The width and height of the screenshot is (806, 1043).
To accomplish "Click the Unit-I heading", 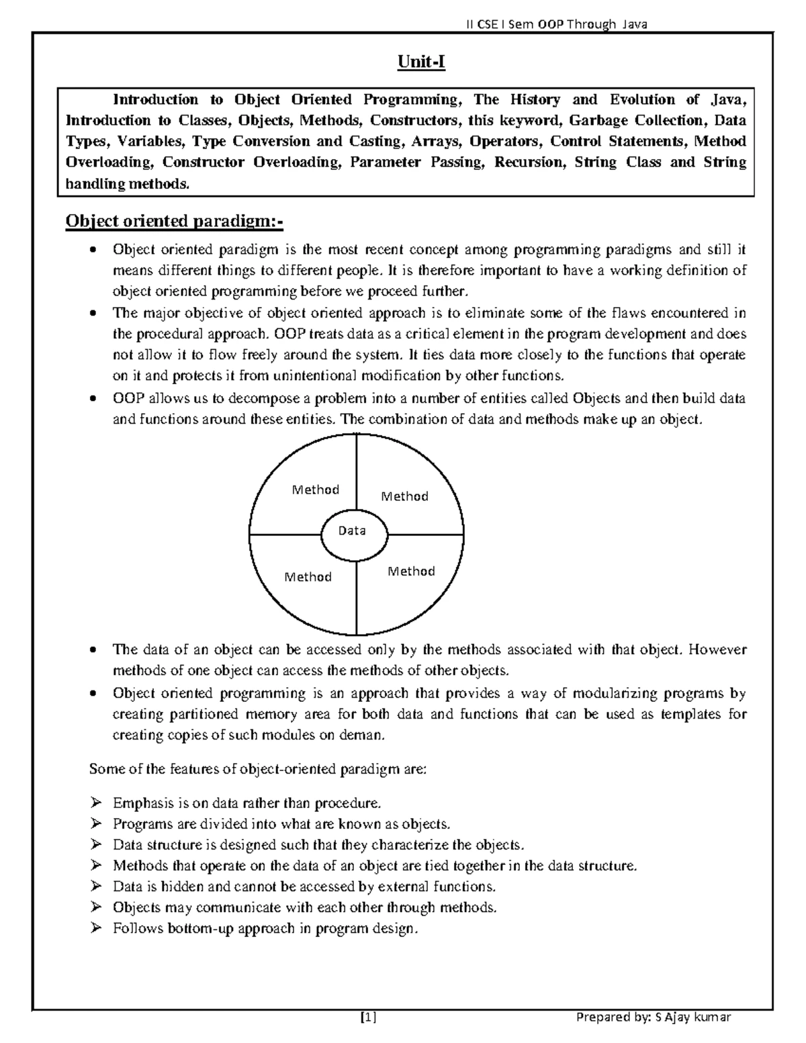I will click(421, 62).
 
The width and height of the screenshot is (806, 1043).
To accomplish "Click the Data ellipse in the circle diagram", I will click(352, 531).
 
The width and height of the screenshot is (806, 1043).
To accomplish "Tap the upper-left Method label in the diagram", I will click(315, 490).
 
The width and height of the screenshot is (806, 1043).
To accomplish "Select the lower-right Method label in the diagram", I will click(411, 572).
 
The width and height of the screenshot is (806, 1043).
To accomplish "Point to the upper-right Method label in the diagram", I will click(404, 496).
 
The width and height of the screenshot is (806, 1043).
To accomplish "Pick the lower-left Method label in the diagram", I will click(308, 577).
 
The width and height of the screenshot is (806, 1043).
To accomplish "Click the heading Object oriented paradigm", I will click(174, 221).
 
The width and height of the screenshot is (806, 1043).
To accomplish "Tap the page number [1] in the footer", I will click(368, 1017).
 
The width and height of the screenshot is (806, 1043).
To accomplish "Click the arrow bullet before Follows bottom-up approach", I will click(95, 928).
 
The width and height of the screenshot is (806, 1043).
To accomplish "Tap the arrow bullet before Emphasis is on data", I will click(95, 803).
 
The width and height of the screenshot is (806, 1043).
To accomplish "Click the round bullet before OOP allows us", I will click(95, 398).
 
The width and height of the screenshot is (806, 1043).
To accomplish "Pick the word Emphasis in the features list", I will click(143, 803).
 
